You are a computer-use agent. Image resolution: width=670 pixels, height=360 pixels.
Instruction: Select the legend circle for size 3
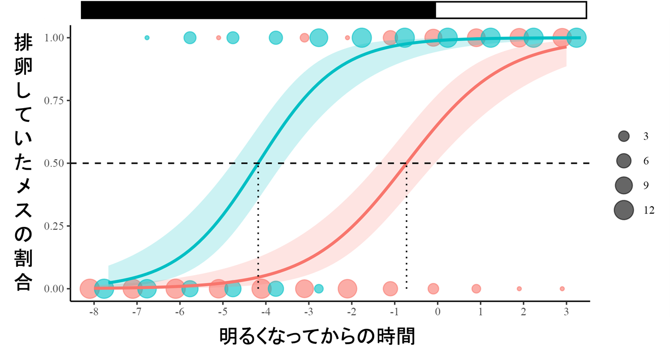[624, 136]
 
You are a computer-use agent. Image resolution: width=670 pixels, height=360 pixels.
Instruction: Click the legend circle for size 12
[624, 210]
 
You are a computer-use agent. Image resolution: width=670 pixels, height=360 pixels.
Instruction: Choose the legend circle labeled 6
[624, 160]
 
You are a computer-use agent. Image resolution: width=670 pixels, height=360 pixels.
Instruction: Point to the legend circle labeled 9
[624, 185]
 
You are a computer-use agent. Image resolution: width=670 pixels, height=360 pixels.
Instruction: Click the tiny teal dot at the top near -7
[147, 37]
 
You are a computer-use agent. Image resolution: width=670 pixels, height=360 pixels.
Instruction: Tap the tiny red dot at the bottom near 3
[562, 288]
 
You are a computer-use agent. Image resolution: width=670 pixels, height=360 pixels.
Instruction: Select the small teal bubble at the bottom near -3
[319, 288]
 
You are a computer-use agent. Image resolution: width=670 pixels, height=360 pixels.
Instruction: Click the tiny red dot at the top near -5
[219, 37]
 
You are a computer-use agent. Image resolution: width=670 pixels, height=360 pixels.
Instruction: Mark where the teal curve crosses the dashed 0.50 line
[258, 163]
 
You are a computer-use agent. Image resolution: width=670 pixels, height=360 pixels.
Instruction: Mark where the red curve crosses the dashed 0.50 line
[406, 163]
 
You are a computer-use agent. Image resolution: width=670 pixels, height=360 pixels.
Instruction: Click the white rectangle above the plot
[511, 10]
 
